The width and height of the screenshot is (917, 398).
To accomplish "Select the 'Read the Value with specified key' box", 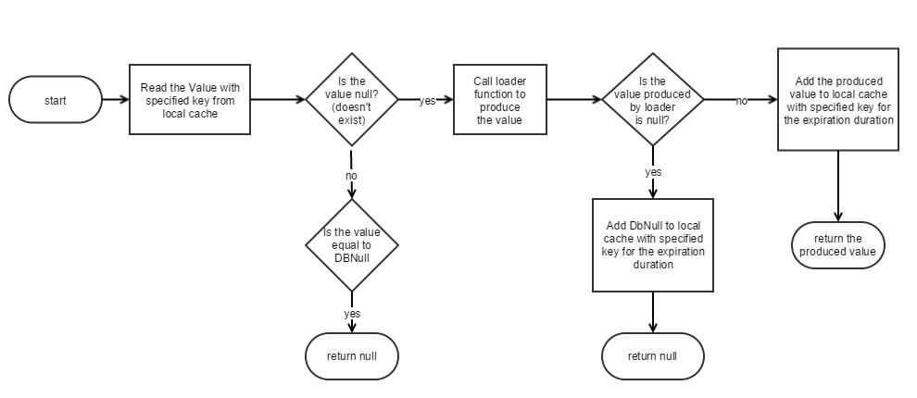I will click(189, 100).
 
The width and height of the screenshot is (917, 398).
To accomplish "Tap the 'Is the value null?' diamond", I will click(352, 99).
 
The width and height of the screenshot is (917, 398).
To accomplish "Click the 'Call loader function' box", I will click(499, 100).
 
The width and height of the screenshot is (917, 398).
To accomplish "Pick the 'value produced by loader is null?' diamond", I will click(652, 99).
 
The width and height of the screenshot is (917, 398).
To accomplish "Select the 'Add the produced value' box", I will click(837, 100).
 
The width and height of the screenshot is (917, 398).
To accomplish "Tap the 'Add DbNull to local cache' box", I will click(652, 244).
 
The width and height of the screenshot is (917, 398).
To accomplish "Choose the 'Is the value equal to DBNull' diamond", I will click(352, 244).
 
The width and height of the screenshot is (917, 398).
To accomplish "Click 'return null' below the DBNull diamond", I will click(352, 355).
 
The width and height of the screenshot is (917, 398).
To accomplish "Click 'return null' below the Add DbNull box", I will click(652, 355).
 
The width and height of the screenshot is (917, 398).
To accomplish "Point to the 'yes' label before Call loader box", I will click(427, 101).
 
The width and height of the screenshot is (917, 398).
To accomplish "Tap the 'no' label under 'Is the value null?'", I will click(351, 175).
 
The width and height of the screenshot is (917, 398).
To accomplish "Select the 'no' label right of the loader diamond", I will click(741, 101).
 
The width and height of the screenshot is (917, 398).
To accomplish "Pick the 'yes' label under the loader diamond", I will click(652, 172).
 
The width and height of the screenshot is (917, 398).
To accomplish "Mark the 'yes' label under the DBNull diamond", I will click(352, 313).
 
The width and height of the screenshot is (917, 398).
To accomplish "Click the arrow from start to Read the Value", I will click(114, 99).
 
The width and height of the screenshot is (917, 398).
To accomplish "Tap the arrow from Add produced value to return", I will click(837, 185).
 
